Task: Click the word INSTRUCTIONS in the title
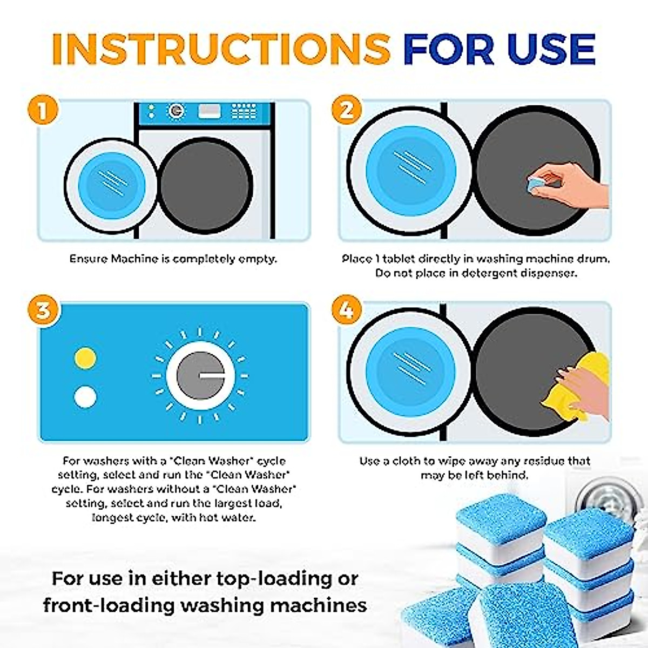tap(220, 49)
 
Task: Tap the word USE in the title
tap(551, 49)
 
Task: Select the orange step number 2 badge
tap(346, 110)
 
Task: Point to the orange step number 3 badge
tap(42, 311)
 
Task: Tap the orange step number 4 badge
tap(346, 310)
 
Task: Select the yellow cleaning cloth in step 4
tap(578, 386)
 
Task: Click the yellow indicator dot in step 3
tap(85, 358)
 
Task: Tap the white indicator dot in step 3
tap(85, 397)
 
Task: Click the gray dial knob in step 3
tap(200, 375)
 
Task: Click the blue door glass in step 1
tap(112, 185)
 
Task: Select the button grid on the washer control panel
tap(244, 111)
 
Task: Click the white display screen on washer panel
tap(209, 111)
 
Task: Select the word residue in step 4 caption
tap(544, 461)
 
